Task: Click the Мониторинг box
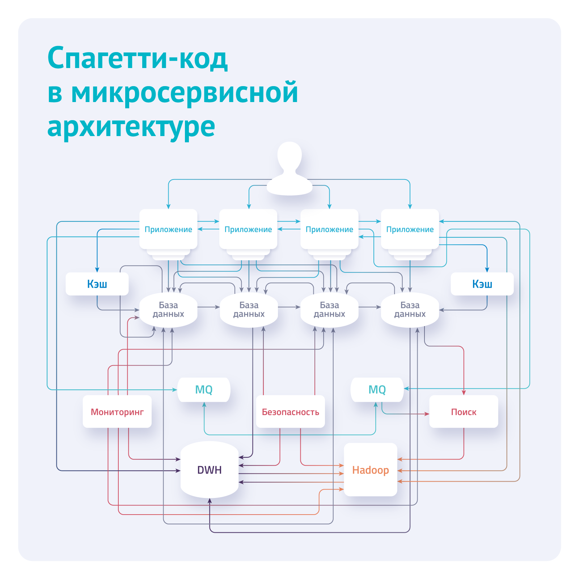117,412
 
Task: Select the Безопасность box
290,412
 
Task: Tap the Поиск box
464,412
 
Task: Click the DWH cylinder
210,470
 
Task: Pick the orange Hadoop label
371,470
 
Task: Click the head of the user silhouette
289,156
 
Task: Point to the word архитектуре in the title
131,127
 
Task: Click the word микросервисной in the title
185,93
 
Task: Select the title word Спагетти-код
138,58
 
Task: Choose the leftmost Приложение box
168,229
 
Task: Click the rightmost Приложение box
410,229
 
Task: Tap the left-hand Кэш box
97,284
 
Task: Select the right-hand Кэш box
482,284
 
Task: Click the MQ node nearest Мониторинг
204,390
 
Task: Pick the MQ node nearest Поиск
377,390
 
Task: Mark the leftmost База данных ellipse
168,310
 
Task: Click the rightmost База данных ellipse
410,310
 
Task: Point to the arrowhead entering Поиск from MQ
427,414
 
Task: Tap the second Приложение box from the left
248,229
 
